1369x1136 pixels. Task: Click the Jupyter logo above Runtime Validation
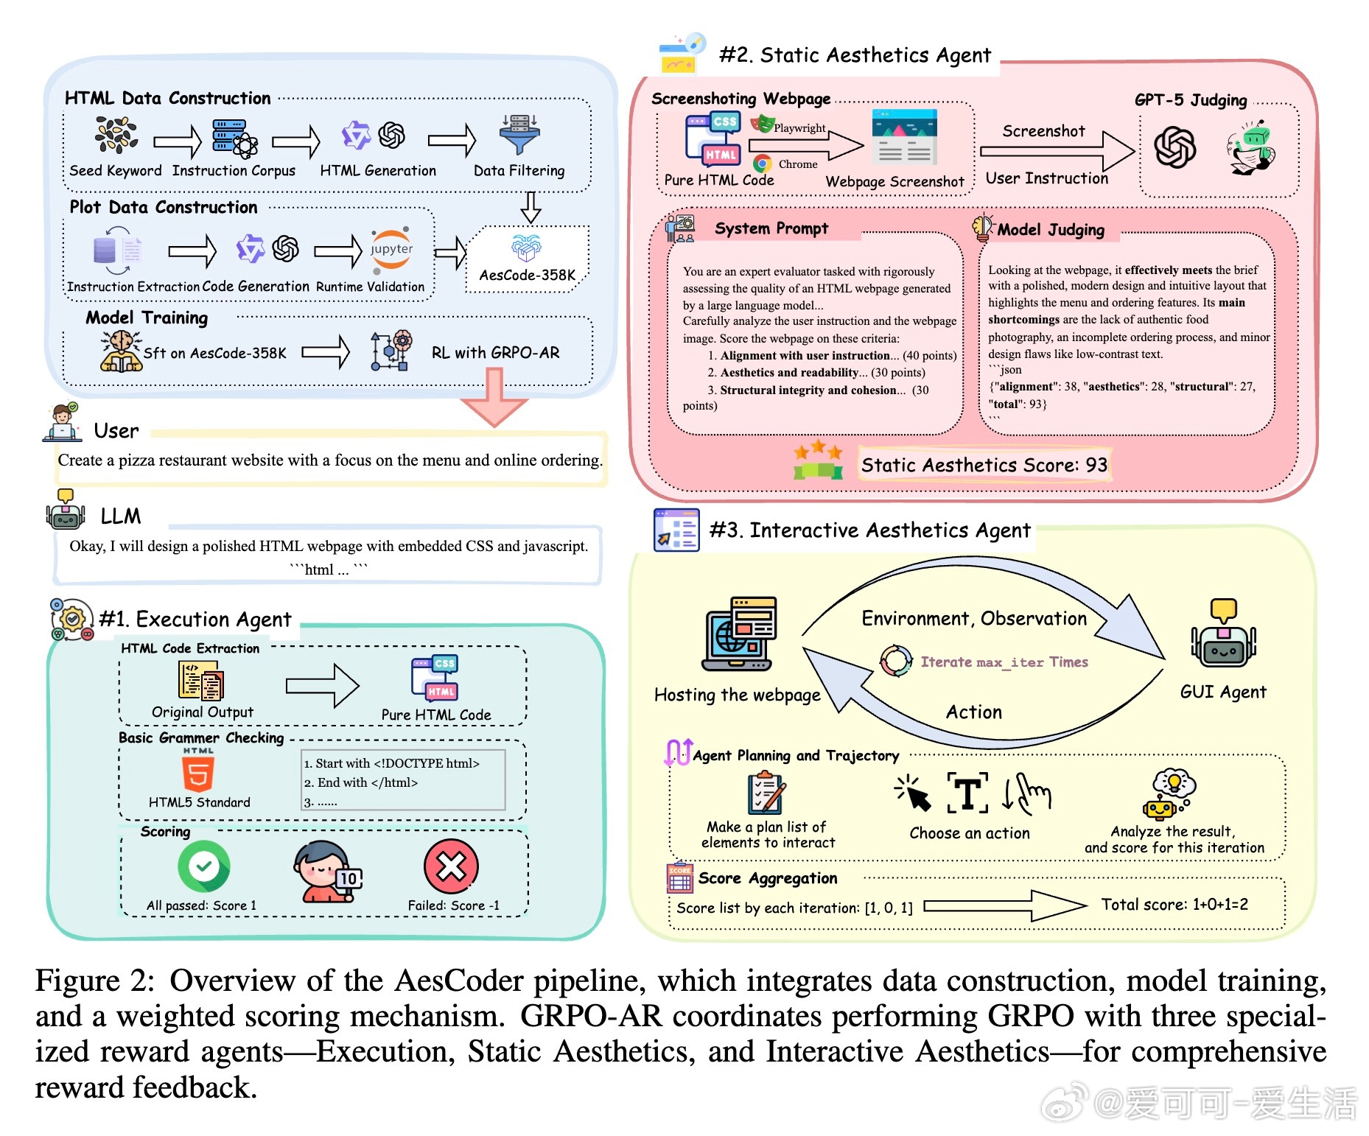click(x=391, y=249)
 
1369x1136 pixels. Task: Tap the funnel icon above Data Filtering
click(x=519, y=134)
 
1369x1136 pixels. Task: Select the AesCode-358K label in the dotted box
click(x=528, y=275)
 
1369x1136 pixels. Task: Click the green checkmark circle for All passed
click(x=204, y=866)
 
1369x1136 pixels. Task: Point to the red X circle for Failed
click(x=451, y=866)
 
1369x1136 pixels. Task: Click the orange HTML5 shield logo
click(x=198, y=773)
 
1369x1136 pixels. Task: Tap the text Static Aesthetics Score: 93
click(x=984, y=465)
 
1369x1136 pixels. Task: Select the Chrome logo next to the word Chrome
click(x=762, y=164)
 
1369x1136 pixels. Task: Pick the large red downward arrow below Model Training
click(x=494, y=398)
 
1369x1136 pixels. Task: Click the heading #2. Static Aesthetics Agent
click(x=855, y=55)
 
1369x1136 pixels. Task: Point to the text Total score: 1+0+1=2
click(x=1174, y=905)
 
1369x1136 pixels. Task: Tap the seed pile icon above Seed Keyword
click(x=116, y=136)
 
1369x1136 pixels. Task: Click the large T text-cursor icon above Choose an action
click(x=967, y=793)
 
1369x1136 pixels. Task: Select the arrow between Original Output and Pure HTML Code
click(x=323, y=686)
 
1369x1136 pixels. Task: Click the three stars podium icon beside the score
click(x=818, y=460)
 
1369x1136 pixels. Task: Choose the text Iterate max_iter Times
click(x=1004, y=662)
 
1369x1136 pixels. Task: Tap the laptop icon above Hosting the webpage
click(x=739, y=634)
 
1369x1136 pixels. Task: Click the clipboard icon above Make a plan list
click(x=766, y=793)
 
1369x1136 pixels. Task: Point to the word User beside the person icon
click(x=116, y=431)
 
